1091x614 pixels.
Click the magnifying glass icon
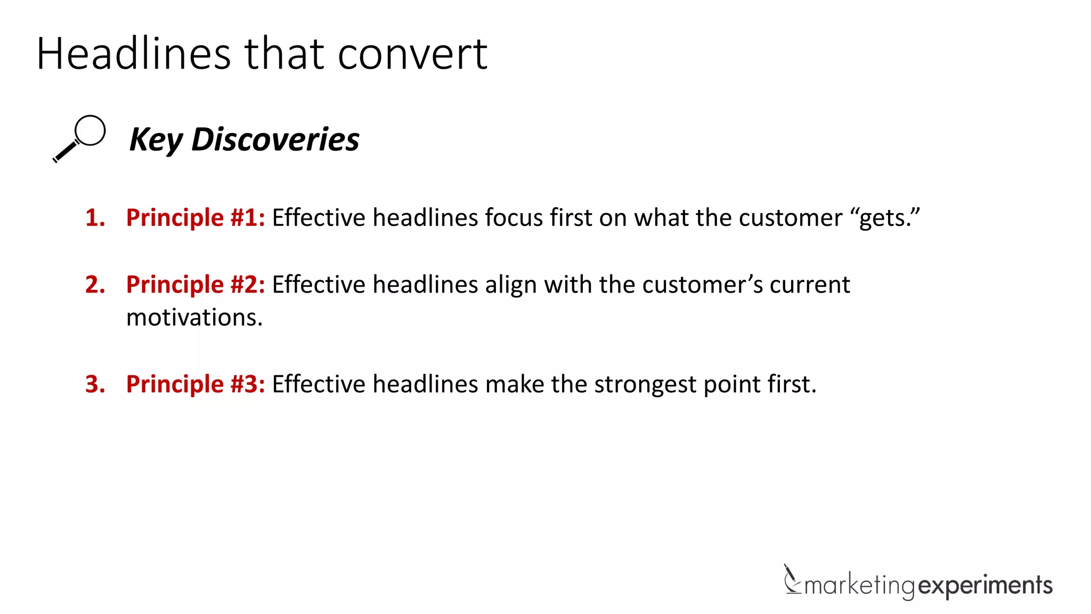pyautogui.click(x=79, y=138)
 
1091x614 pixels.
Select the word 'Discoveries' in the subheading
pyautogui.click(x=275, y=140)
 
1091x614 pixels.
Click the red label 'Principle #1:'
pyautogui.click(x=196, y=218)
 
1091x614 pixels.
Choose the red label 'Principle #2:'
pyautogui.click(x=196, y=285)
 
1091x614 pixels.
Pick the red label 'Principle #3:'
pyautogui.click(x=196, y=384)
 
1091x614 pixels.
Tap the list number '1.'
pyautogui.click(x=95, y=218)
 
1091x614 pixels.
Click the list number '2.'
pyautogui.click(x=95, y=285)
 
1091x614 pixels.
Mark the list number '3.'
pyautogui.click(x=95, y=384)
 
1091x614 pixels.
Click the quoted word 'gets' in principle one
pyautogui.click(x=885, y=219)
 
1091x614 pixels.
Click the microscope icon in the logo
pyautogui.click(x=792, y=579)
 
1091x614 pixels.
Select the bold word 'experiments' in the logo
pyautogui.click(x=986, y=586)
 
